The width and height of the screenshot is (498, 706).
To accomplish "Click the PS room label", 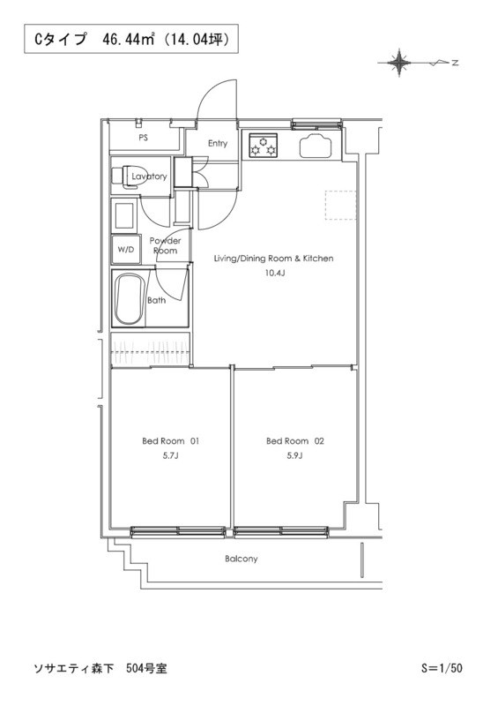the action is (143, 138).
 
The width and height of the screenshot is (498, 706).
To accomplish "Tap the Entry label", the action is (218, 143).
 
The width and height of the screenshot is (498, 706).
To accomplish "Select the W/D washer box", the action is (126, 249).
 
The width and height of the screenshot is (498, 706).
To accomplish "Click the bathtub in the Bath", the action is (129, 298).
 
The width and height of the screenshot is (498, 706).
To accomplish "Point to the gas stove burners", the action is (264, 145).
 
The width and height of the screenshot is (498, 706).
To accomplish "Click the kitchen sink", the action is (316, 146).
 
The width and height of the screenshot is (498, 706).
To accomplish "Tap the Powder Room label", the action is (165, 246).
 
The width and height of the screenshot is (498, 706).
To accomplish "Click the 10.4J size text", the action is (274, 273).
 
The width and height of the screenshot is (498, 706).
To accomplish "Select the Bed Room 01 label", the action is (170, 441).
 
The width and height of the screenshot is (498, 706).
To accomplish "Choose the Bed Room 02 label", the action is (294, 441).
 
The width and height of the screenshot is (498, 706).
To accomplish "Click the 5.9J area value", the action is (294, 455).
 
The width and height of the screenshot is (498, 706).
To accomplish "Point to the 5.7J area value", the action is (170, 455).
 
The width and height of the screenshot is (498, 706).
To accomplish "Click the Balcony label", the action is (242, 559).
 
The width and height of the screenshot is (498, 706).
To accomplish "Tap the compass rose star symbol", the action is (398, 63).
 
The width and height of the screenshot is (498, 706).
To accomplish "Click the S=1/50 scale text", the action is (442, 668).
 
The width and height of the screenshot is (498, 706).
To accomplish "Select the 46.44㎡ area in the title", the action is (128, 40).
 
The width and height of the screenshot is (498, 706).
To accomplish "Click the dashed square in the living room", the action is (340, 206).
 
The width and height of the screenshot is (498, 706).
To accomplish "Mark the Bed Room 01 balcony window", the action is (178, 532).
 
